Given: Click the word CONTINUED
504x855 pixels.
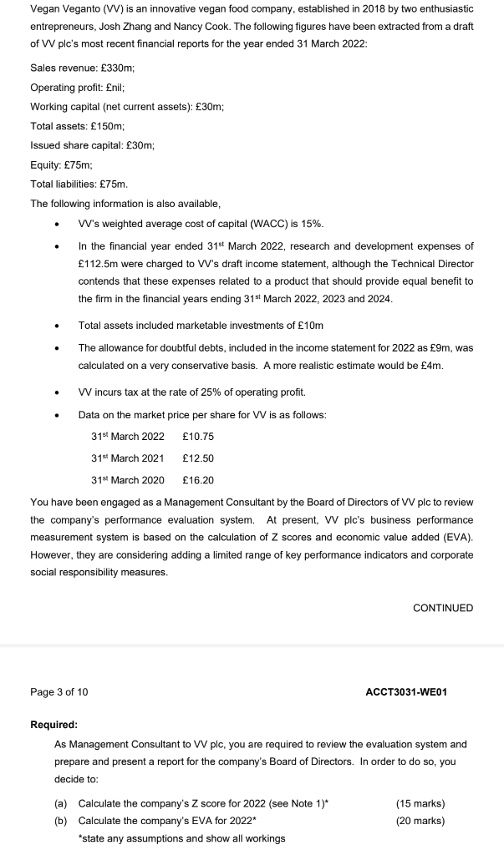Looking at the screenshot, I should (443, 608).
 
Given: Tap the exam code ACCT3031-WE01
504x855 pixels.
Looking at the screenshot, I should (406, 692).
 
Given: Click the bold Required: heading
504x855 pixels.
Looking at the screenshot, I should (53, 725).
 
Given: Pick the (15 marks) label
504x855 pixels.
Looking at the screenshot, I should (420, 803).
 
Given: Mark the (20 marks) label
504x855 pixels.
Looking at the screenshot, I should (420, 821).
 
